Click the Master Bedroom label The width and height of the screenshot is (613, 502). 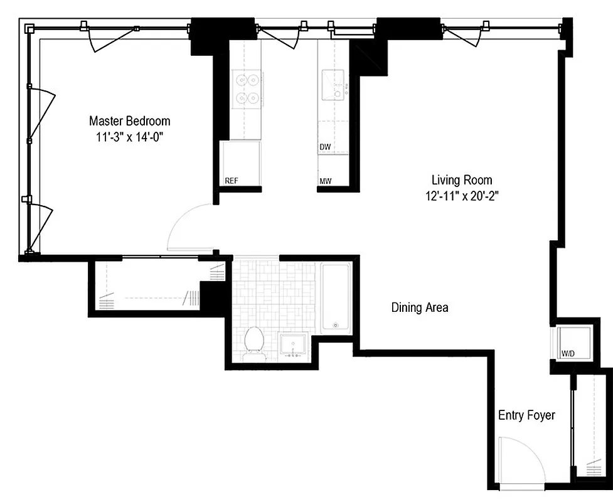129,120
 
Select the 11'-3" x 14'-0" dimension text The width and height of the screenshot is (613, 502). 129,135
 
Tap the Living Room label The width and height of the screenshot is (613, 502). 461,179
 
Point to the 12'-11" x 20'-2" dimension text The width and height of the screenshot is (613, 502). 461,195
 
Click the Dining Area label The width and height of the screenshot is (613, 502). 419,307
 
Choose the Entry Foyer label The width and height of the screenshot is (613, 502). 526,415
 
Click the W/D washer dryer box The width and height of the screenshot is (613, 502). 567,343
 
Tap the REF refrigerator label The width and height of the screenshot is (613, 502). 232,181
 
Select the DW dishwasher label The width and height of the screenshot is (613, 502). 324,147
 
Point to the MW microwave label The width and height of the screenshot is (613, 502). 325,181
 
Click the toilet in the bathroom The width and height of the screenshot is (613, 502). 253,342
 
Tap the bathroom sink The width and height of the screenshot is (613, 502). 292,346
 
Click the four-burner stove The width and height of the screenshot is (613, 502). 247,89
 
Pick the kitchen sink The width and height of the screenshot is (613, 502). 334,87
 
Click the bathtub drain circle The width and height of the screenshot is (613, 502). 336,325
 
